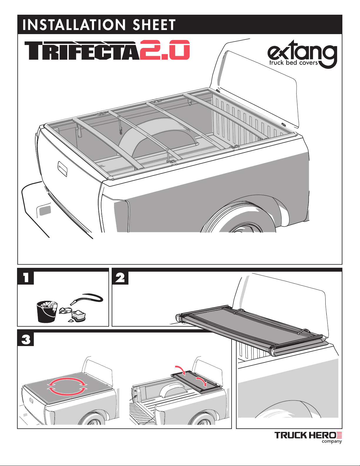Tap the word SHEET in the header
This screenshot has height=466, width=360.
154,25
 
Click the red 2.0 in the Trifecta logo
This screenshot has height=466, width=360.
165,50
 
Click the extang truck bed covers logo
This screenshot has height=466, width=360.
302,56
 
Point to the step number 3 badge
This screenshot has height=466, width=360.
26,340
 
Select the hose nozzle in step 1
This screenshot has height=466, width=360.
74,302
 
